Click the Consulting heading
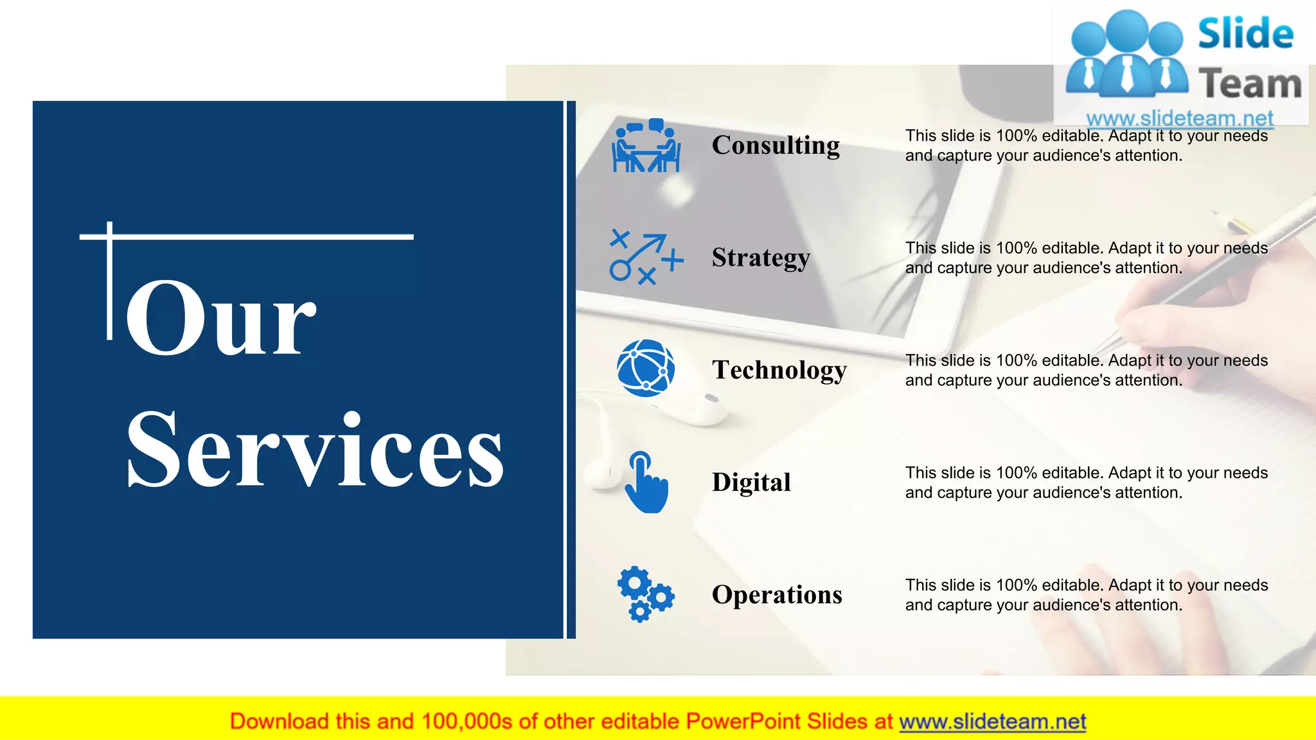click(776, 145)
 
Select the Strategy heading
click(761, 258)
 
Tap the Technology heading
click(779, 370)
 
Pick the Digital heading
click(751, 482)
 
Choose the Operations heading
click(777, 595)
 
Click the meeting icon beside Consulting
click(646, 146)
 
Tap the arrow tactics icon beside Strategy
click(646, 258)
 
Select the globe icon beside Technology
click(646, 368)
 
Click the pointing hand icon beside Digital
click(646, 482)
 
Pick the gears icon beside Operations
click(645, 594)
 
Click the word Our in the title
click(220, 319)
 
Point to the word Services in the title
click(315, 450)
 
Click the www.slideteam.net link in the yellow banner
click(992, 721)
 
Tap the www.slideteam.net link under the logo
click(1179, 118)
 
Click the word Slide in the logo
click(1245, 33)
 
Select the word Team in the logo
click(1249, 84)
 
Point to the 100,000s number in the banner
click(467, 721)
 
